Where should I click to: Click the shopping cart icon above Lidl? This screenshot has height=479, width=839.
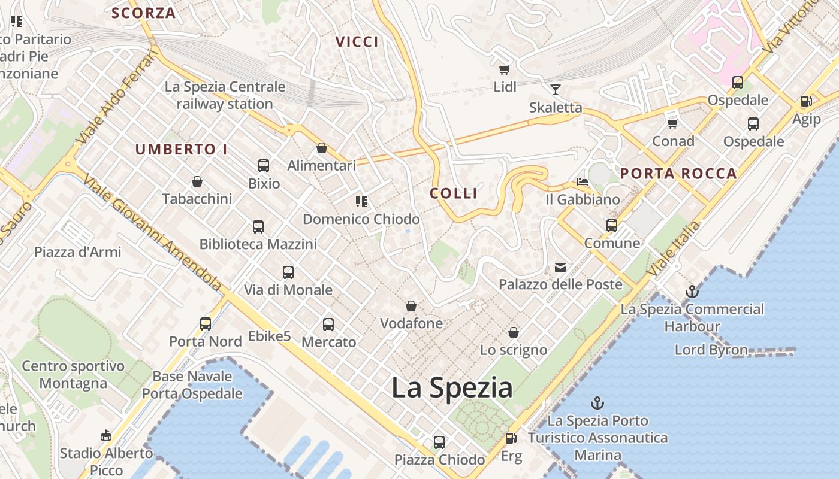pos(504,70)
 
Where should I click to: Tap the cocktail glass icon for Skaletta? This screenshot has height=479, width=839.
pos(556,90)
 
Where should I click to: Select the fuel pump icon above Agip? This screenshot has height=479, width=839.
pos(806,102)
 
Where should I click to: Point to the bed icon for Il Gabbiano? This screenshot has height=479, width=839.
pos(582,181)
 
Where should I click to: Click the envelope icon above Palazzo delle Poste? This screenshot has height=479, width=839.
pos(560,267)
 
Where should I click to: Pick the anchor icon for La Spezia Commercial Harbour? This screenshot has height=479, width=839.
pos(692,292)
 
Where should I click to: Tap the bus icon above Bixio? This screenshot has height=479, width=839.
pos(264,166)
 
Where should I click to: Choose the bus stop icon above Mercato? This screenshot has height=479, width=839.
pos(328,325)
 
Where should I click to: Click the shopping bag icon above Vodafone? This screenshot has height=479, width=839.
pos(411,306)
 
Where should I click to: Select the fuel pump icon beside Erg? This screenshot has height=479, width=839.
pos(511,439)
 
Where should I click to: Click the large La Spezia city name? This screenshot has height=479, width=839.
pos(452,388)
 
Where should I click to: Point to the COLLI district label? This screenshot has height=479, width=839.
pos(454,193)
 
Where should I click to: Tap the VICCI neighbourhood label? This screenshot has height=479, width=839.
pos(357,42)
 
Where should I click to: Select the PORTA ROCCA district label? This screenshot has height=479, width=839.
pos(678,174)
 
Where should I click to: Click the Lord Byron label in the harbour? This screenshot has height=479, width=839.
pos(711,350)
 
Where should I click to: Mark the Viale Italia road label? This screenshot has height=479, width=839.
pos(674,249)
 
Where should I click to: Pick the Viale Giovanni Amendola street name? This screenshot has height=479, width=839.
pos(153,234)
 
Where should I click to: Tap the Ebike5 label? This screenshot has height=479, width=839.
pos(270,336)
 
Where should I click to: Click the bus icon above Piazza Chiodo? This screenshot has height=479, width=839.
pos(439,442)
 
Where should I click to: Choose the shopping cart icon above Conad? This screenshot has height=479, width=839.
pos(673,123)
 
